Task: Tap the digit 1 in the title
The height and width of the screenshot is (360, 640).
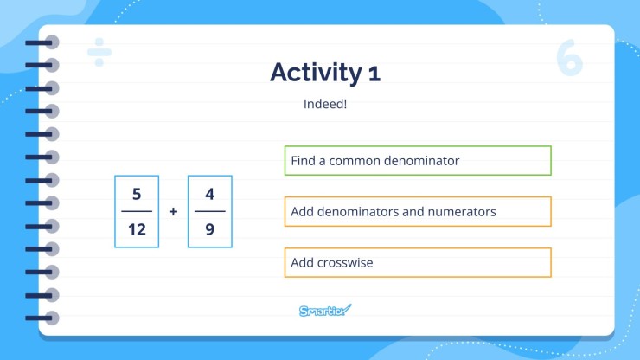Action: click(x=373, y=74)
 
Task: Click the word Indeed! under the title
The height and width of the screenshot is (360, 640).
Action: click(x=325, y=105)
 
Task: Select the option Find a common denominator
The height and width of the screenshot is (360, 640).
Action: click(x=418, y=161)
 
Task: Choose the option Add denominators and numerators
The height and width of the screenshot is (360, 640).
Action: click(x=418, y=212)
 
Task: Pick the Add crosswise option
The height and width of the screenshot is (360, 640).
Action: click(x=418, y=263)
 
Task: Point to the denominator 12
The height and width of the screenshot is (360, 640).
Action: click(x=137, y=229)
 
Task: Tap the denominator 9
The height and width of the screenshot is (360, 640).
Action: click(x=210, y=229)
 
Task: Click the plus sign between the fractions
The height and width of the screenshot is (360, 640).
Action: click(x=173, y=211)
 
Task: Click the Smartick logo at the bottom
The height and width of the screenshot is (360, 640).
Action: click(x=325, y=311)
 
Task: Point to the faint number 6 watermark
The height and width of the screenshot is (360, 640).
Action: click(x=570, y=57)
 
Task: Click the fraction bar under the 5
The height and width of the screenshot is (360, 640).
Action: click(x=137, y=211)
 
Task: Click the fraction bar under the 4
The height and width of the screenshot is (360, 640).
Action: click(x=210, y=211)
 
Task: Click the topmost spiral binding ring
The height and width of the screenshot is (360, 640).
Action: click(x=50, y=42)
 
